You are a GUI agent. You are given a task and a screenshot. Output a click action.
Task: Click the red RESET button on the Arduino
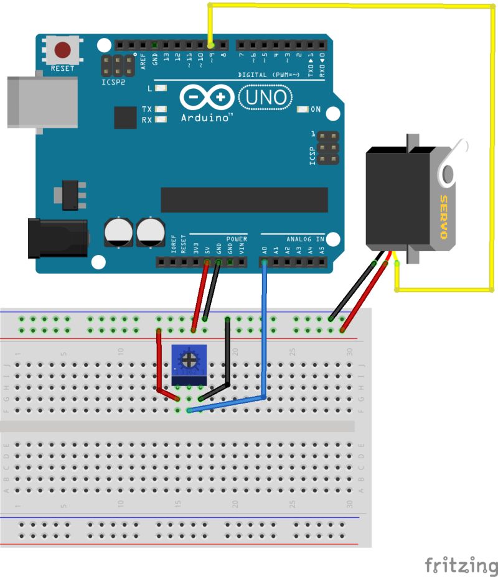point(62,49)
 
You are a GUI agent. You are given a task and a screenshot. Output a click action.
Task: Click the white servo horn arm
point(452,164)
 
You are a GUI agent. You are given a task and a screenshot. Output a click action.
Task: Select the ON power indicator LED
point(303,110)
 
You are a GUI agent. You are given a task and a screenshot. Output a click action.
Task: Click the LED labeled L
point(161,88)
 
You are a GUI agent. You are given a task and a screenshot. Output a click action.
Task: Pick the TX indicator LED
point(161,109)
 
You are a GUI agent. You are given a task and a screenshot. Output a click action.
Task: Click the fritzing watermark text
point(461,565)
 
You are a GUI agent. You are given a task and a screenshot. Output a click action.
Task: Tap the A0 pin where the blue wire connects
point(265,262)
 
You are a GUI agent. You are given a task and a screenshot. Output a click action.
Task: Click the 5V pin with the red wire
point(207,262)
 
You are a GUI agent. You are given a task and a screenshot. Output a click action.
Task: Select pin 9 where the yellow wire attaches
point(210,45)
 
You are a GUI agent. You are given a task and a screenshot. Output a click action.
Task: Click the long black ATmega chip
point(244,199)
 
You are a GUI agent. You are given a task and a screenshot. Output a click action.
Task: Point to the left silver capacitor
point(118,231)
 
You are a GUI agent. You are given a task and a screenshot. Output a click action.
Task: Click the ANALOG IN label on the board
point(305,239)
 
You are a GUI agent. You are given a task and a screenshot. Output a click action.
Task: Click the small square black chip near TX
point(125,117)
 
